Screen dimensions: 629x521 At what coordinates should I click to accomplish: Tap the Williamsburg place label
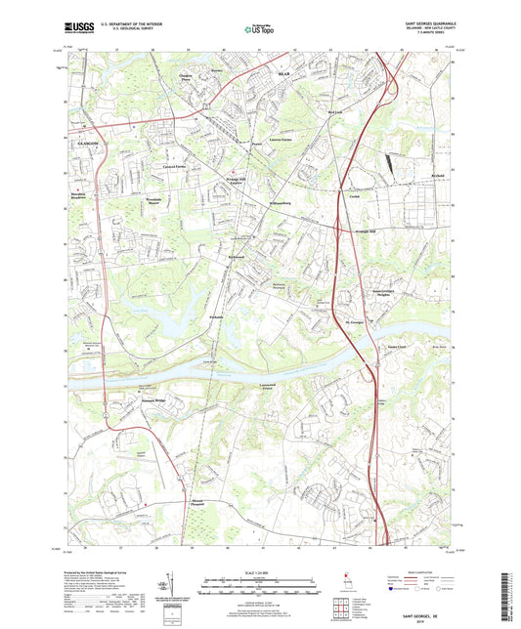[283, 202]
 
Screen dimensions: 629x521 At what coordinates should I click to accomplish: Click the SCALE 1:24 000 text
[260, 571]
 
